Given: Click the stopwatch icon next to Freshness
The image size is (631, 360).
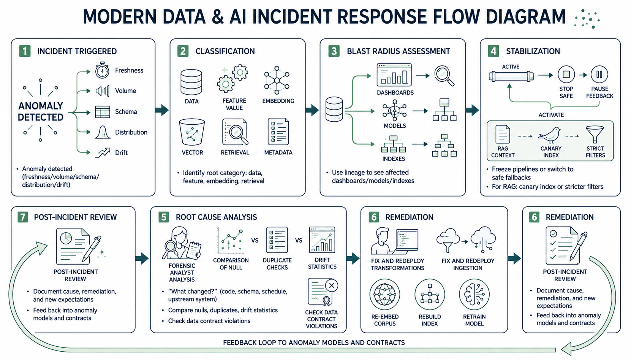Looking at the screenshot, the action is coord(102,70).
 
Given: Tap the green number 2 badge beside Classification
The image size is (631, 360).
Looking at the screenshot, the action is coord(183,51).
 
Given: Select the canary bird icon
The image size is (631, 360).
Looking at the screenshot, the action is coord(549,135).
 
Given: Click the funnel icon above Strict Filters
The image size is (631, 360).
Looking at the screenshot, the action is coord(595,135).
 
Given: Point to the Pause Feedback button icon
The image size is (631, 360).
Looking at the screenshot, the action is coord(599,75).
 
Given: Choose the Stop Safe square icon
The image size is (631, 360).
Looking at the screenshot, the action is coord(566,75).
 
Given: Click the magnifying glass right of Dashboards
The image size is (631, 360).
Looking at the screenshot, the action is coord(444,76).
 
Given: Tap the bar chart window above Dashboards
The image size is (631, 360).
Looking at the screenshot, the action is coord(394,75).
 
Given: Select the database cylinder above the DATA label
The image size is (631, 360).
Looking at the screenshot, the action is coord(191,82).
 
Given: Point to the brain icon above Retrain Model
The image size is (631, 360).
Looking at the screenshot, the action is coord(474,294).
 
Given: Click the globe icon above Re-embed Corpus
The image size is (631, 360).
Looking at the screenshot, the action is coord(385,294).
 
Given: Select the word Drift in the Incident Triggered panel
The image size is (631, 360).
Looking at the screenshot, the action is coord(122,153).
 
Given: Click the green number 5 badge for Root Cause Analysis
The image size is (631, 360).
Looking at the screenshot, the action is coord(164,217).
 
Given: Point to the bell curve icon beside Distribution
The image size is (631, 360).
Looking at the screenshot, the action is coord(103,132).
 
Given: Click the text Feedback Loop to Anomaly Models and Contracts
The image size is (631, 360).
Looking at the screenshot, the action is coord(314,343).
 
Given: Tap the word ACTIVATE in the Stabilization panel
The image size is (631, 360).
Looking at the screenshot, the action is coord(551,115).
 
